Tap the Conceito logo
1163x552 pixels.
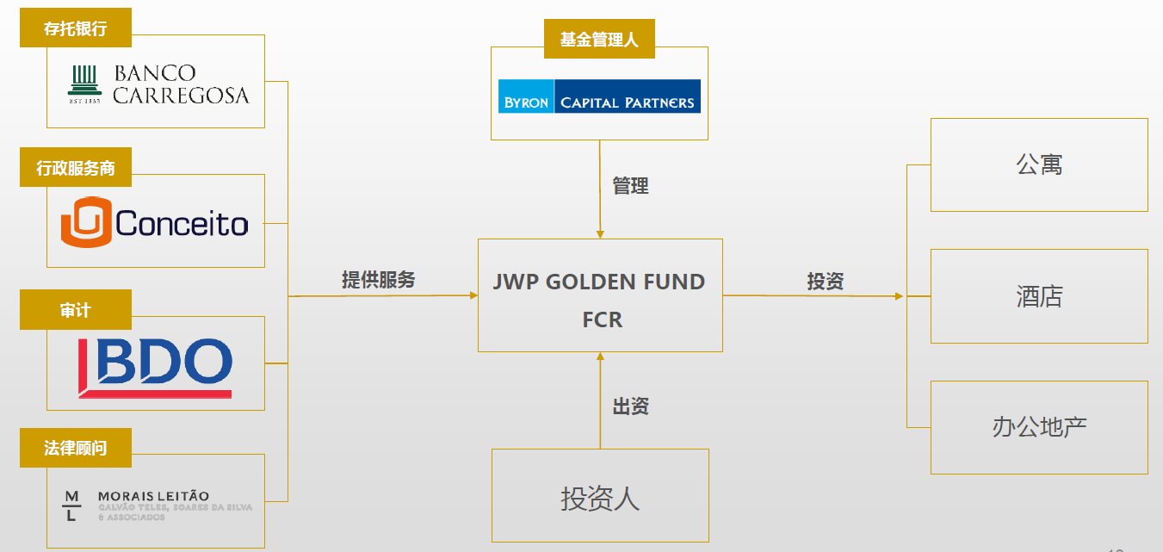(155, 223)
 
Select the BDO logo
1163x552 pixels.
(155, 368)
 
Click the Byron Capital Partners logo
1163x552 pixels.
(599, 96)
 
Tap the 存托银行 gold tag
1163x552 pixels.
(76, 29)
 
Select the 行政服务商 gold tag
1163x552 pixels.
(76, 169)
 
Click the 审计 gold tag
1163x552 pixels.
(76, 310)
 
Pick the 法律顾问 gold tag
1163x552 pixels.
(76, 449)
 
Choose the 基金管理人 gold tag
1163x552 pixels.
(599, 40)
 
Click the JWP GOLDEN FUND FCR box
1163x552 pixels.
(600, 296)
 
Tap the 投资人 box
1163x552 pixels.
(600, 498)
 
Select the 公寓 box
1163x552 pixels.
(1039, 164)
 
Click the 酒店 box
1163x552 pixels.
(1039, 296)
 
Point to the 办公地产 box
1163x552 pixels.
(1039, 427)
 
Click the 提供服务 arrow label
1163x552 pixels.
(379, 279)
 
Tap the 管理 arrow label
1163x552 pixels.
(630, 186)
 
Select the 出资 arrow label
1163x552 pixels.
(630, 406)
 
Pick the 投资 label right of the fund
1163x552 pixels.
(825, 281)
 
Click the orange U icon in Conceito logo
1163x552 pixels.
(86, 223)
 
